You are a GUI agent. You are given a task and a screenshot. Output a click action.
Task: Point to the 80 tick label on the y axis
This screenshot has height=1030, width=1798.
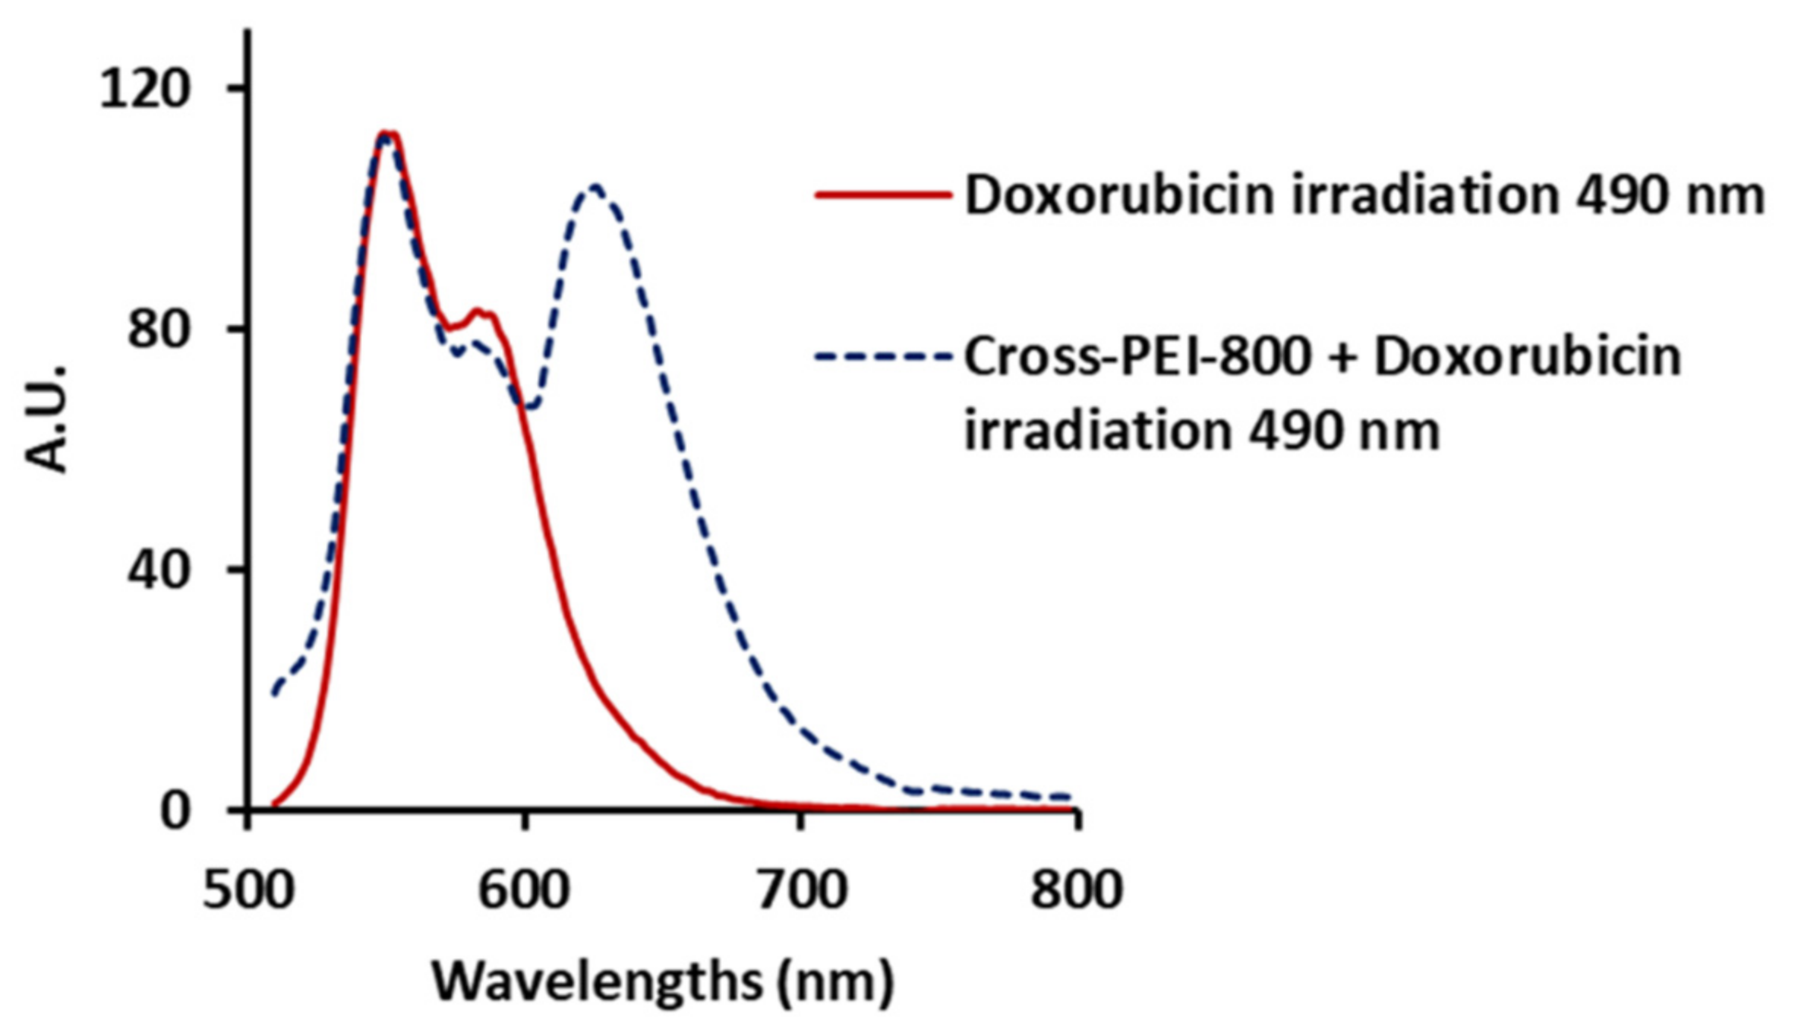coord(157,330)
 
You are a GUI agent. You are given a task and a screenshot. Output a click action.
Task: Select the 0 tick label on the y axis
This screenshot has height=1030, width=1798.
coord(174,810)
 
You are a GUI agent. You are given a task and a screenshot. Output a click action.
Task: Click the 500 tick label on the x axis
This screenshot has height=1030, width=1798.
coord(248,889)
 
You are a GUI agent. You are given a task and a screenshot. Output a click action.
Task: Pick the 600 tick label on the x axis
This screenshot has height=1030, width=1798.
coord(523,889)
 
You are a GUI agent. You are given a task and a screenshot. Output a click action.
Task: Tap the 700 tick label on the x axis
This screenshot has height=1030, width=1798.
coord(802,889)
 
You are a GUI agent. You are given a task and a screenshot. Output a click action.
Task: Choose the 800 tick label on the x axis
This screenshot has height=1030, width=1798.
coord(1076,889)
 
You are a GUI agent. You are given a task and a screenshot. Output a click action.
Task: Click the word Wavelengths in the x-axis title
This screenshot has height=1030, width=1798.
coord(597,982)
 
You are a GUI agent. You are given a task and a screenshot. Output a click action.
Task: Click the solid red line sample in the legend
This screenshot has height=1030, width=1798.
coord(883,194)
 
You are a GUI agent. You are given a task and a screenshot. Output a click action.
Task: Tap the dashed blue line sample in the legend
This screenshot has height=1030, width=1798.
coord(883,355)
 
